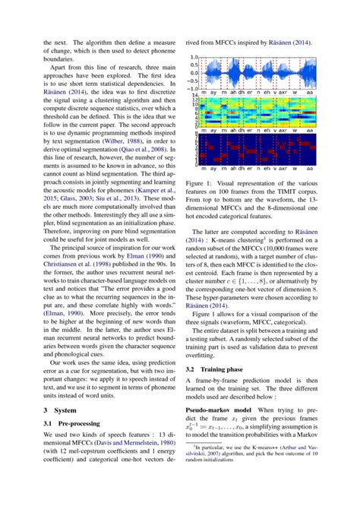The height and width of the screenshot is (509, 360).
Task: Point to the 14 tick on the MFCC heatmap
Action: (194, 96)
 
